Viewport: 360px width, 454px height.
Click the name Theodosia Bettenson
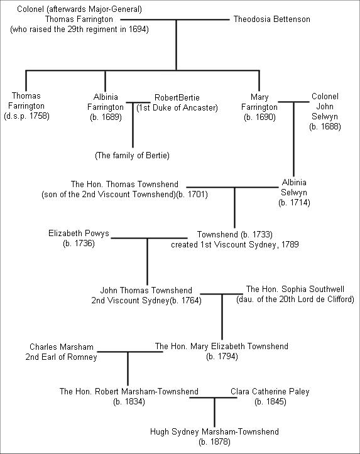coord(271,19)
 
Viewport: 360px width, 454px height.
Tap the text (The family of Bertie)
coord(132,156)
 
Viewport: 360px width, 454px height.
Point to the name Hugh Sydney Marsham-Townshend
coord(214,431)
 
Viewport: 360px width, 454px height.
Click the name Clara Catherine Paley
coord(270,391)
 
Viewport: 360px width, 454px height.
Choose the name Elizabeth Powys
coord(79,233)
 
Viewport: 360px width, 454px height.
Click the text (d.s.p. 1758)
coord(26,116)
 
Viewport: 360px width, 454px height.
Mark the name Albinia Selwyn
coord(294,187)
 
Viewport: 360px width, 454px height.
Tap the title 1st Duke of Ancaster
coord(177,108)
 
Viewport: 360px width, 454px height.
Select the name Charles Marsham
coord(62,347)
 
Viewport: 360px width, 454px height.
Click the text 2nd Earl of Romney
coord(61,357)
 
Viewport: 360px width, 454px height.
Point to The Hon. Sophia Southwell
coord(295,289)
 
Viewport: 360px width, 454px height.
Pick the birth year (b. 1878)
coord(214,442)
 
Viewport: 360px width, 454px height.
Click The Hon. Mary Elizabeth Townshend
coord(222,346)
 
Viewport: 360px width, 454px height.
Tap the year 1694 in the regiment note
coord(138,30)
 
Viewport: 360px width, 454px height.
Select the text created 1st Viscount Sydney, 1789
coord(235,244)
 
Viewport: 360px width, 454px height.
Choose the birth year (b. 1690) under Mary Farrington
coord(259,117)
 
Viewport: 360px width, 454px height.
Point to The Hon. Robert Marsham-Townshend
coord(129,391)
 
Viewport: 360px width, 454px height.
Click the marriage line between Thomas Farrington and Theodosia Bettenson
coord(175,19)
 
